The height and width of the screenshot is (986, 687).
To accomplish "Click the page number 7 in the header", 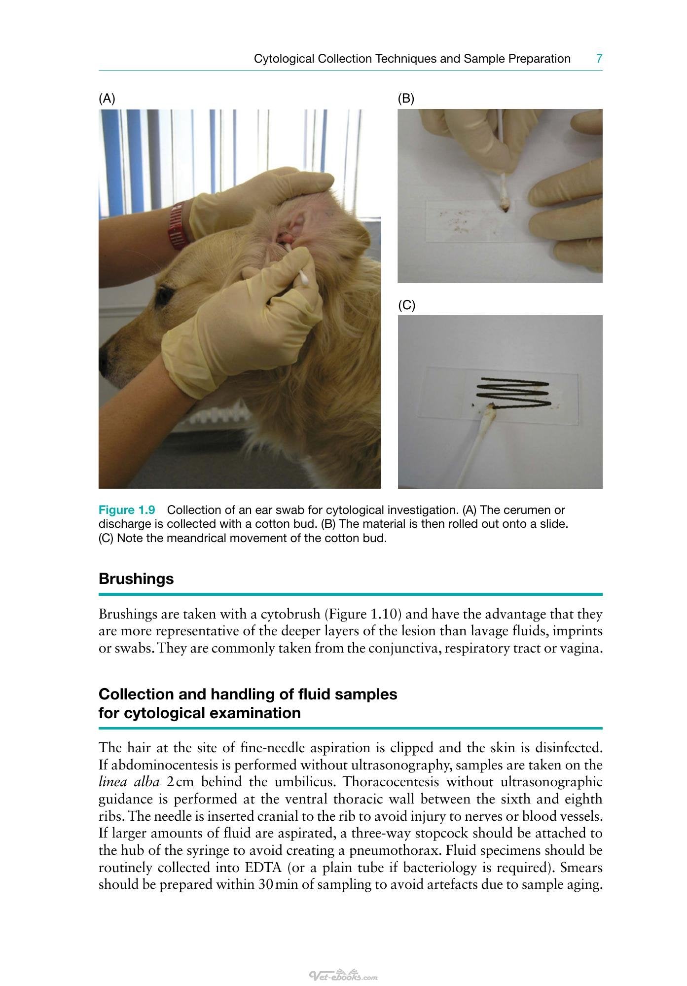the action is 599,59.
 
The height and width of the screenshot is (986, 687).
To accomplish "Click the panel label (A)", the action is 107,99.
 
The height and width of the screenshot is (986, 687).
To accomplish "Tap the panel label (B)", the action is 406,99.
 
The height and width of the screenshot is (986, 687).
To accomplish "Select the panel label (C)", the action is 407,305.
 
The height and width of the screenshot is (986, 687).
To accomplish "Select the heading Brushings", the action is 136,579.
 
